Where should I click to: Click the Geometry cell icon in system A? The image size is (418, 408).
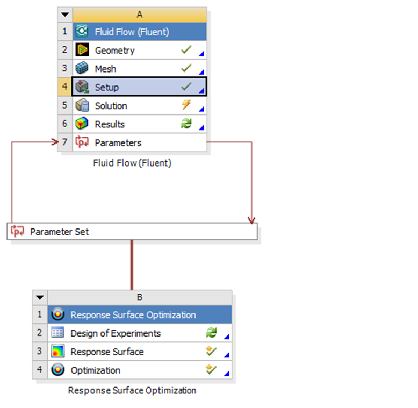click(82, 50)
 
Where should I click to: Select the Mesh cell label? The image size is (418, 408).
click(105, 69)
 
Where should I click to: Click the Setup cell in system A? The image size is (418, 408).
click(139, 87)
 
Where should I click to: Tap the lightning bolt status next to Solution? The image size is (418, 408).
click(186, 105)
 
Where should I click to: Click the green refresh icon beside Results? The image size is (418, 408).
click(186, 124)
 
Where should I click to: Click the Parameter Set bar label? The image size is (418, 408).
click(60, 232)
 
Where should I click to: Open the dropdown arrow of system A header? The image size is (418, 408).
click(65, 15)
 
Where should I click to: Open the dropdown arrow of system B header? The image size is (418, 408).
click(40, 297)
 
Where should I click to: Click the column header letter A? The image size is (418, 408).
click(139, 15)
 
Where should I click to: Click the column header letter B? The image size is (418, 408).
click(139, 297)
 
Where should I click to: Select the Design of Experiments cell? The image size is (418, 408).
click(139, 333)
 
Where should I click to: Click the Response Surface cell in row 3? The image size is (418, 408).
click(139, 352)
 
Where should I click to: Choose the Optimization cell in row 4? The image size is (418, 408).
click(139, 370)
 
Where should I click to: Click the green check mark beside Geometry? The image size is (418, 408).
click(186, 49)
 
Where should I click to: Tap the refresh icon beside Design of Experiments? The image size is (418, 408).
click(211, 333)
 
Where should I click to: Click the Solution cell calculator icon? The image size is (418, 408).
click(82, 105)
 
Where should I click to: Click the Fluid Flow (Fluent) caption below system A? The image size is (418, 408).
click(132, 163)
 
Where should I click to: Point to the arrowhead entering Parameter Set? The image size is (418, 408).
click(251, 220)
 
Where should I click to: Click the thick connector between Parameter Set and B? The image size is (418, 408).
click(132, 265)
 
